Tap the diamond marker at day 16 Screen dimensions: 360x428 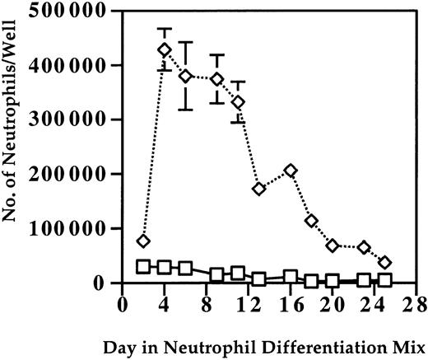coord(291,171)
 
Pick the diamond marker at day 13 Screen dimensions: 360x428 coord(259,189)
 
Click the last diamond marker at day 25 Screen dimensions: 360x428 coord(385,262)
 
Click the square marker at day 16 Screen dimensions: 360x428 coord(291,276)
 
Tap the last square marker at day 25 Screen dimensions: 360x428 coord(385,280)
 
